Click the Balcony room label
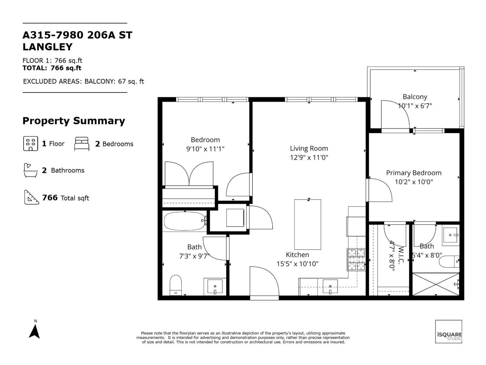[415, 97]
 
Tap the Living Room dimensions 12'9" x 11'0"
[309, 158]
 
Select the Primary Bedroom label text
[413, 173]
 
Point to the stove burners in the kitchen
[356, 259]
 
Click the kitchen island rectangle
[307, 224]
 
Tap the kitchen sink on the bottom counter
[330, 287]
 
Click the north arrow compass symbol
[34, 331]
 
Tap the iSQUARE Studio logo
[449, 332]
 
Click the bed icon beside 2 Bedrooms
[82, 144]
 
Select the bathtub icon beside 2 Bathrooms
[30, 170]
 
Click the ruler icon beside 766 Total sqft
[32, 197]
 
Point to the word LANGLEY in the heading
[48, 47]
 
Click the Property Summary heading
[74, 121]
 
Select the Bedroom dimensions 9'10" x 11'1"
[205, 149]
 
